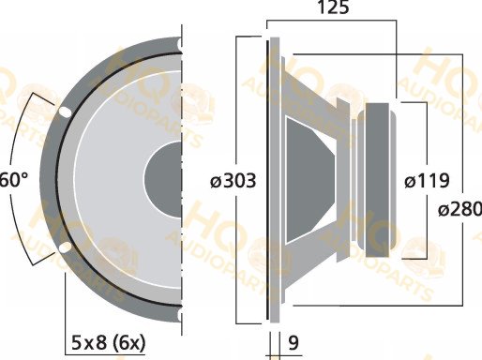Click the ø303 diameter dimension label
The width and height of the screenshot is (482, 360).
point(233,181)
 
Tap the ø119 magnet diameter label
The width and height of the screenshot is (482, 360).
point(427,181)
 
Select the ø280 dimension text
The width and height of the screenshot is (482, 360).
point(459,209)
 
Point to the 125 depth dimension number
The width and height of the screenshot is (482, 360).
point(333,7)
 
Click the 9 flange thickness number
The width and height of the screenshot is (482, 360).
point(294,343)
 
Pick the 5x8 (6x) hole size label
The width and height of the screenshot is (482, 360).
point(109,343)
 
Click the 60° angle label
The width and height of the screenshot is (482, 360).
point(13,180)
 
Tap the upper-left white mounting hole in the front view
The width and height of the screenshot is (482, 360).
point(65,112)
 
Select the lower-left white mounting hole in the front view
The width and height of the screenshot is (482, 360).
point(65,247)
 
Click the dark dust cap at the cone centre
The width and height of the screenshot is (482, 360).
point(164,179)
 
